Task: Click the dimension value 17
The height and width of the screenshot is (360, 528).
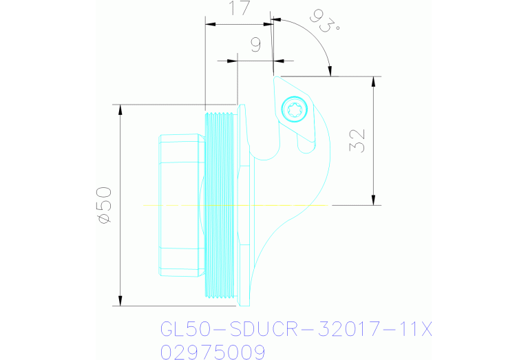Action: tap(238, 9)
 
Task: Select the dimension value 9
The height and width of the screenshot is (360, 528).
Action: tap(255, 45)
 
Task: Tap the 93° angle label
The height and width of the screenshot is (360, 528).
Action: tap(325, 21)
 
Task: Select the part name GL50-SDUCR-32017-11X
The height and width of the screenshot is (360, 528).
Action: tap(296, 330)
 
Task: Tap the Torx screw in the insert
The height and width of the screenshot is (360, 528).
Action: tap(294, 108)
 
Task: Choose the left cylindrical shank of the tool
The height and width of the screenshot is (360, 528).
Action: tap(180, 204)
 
